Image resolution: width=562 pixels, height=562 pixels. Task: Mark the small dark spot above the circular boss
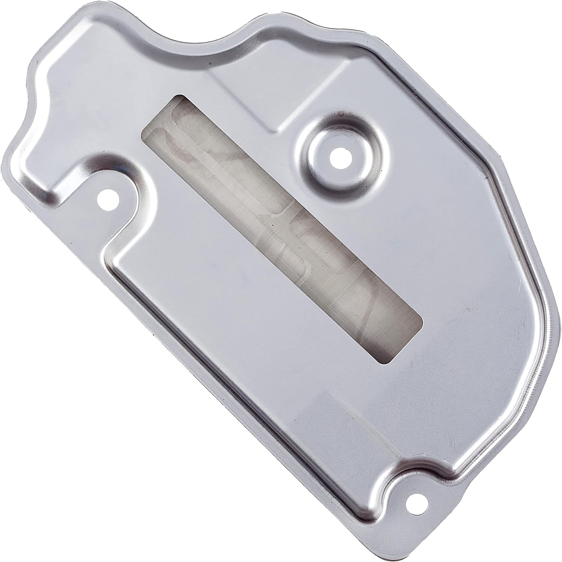pos(340,112)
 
